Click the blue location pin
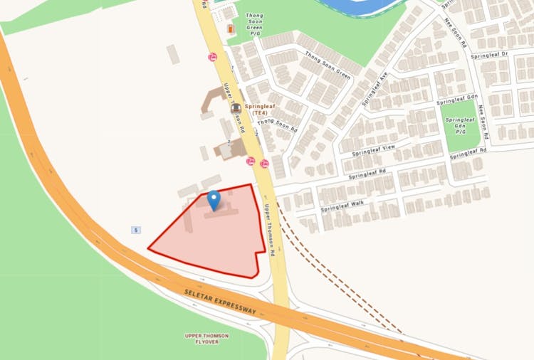[214, 201]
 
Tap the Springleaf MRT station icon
[234, 107]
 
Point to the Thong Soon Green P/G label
[255, 26]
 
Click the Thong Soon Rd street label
[276, 125]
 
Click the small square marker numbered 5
[135, 230]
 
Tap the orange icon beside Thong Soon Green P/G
[230, 28]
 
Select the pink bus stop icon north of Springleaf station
[212, 57]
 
